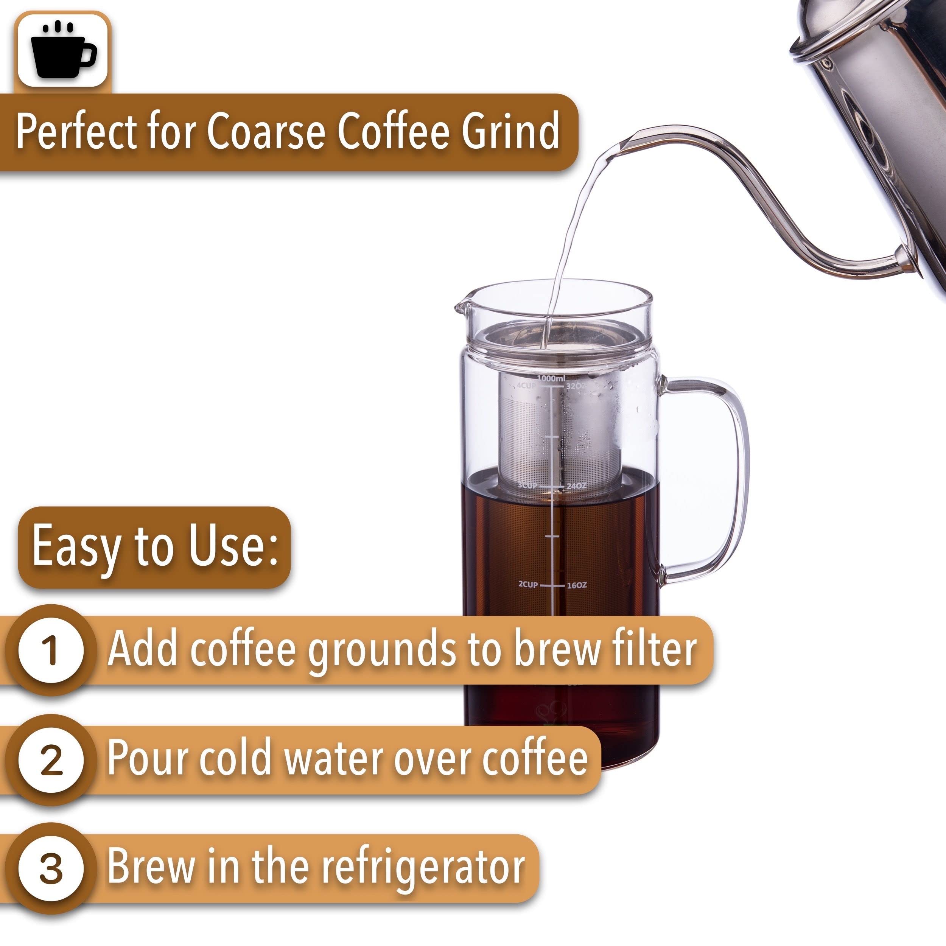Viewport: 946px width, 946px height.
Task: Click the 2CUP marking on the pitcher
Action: tap(528, 585)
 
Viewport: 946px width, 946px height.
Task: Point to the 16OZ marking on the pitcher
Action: tap(577, 585)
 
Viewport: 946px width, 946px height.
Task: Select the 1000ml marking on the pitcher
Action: tap(551, 378)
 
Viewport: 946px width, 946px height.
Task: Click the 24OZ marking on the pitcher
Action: tap(576, 486)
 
